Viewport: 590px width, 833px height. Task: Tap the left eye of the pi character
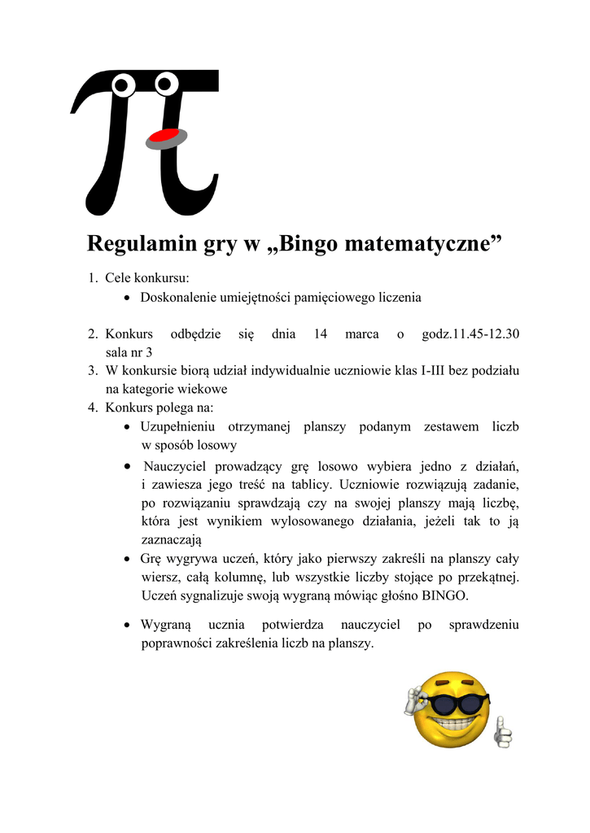point(122,83)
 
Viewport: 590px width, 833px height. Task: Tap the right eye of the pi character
point(167,81)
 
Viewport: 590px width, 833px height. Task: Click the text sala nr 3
point(129,352)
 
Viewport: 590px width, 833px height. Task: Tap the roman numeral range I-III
point(439,370)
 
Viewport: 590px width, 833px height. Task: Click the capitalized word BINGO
point(444,595)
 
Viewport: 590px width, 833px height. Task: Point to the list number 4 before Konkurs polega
point(93,408)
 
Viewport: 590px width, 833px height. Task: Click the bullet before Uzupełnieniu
point(128,427)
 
